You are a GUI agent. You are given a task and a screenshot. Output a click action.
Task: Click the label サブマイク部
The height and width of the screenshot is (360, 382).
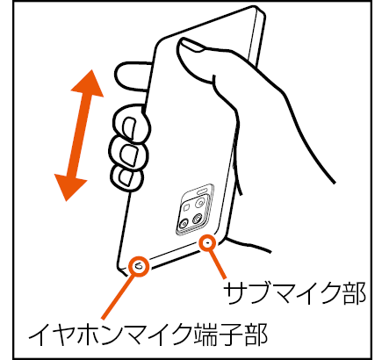[x=294, y=293]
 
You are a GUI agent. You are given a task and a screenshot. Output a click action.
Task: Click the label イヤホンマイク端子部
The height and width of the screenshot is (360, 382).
[x=148, y=334]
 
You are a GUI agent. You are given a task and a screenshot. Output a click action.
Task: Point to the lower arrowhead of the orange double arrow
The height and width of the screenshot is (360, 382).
[x=69, y=187]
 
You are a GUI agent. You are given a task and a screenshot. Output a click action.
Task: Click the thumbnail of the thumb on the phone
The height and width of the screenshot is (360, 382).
[x=191, y=45]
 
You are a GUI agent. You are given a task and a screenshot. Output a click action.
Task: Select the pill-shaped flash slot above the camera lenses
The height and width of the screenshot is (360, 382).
[x=203, y=192]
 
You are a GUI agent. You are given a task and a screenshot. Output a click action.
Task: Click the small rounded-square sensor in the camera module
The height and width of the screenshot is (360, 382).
[x=186, y=207]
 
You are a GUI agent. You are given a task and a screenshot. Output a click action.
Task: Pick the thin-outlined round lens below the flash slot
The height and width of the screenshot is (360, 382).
[x=200, y=203]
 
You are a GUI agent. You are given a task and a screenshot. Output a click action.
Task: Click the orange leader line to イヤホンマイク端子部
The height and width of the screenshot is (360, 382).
[x=118, y=297]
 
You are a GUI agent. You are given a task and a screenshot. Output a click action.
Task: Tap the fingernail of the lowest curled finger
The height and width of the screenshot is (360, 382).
[x=125, y=177]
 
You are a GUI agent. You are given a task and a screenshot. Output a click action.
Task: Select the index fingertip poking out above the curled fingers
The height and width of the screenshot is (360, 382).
[x=133, y=76]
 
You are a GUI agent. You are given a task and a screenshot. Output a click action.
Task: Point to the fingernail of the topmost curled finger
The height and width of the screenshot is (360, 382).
[x=129, y=127]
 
